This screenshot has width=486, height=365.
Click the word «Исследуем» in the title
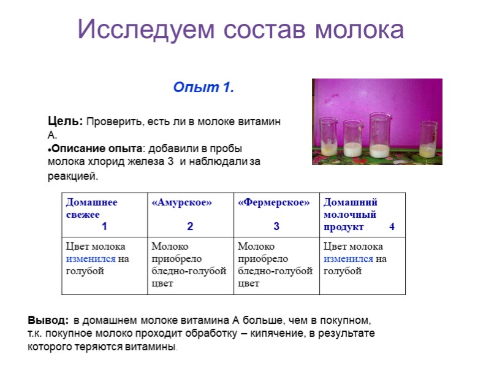pyautogui.click(x=146, y=29)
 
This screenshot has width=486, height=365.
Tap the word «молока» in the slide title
pyautogui.click(x=359, y=29)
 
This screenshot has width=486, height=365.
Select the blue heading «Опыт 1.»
pyautogui.click(x=203, y=87)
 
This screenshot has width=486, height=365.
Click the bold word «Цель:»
pyautogui.click(x=66, y=121)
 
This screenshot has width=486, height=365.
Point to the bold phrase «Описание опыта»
pyautogui.click(x=97, y=148)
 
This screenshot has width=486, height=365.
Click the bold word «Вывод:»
pyautogui.click(x=48, y=320)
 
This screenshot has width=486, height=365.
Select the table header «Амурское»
pyautogui.click(x=181, y=202)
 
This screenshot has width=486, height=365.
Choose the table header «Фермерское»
pyautogui.click(x=274, y=202)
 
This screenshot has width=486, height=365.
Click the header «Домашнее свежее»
pyautogui.click(x=91, y=208)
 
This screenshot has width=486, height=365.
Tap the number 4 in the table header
pyautogui.click(x=392, y=226)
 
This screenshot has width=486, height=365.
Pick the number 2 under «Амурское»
pyautogui.click(x=190, y=226)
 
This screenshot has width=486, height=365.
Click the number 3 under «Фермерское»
pyautogui.click(x=276, y=226)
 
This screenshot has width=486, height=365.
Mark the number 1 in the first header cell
pyautogui.click(x=104, y=226)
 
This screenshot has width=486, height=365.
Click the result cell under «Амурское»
pyautogui.click(x=191, y=266)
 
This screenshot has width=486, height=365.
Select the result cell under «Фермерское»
pyautogui.click(x=276, y=266)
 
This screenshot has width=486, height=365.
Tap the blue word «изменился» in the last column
pyautogui.click(x=348, y=259)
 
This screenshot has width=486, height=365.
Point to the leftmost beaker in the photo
pyautogui.click(x=328, y=137)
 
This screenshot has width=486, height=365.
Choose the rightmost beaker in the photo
pyautogui.click(x=428, y=139)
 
